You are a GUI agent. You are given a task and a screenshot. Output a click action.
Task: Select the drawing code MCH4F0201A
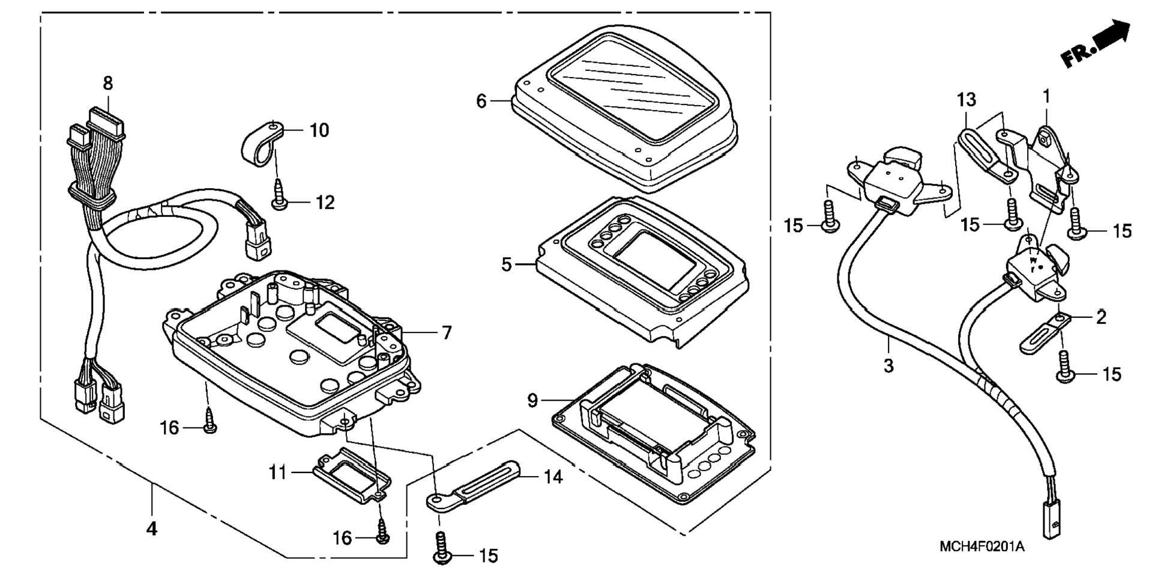click(x=982, y=547)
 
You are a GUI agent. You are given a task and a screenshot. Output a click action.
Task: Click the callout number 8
click(x=107, y=83)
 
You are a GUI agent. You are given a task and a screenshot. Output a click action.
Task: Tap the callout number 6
click(x=481, y=101)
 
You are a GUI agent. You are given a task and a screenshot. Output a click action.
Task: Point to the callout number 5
click(x=507, y=264)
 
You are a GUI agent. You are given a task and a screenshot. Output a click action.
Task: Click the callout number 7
click(x=447, y=332)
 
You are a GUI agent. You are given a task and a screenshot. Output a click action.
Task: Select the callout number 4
click(x=152, y=529)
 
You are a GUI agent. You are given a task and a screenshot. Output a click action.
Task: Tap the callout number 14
click(x=553, y=477)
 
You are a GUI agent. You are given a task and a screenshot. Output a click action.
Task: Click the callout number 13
click(x=966, y=99)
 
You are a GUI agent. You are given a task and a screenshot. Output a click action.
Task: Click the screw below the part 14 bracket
click(x=442, y=548)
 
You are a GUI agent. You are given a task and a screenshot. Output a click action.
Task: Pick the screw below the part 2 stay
click(x=1064, y=367)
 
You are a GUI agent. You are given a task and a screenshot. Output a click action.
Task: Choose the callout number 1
click(x=1047, y=96)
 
